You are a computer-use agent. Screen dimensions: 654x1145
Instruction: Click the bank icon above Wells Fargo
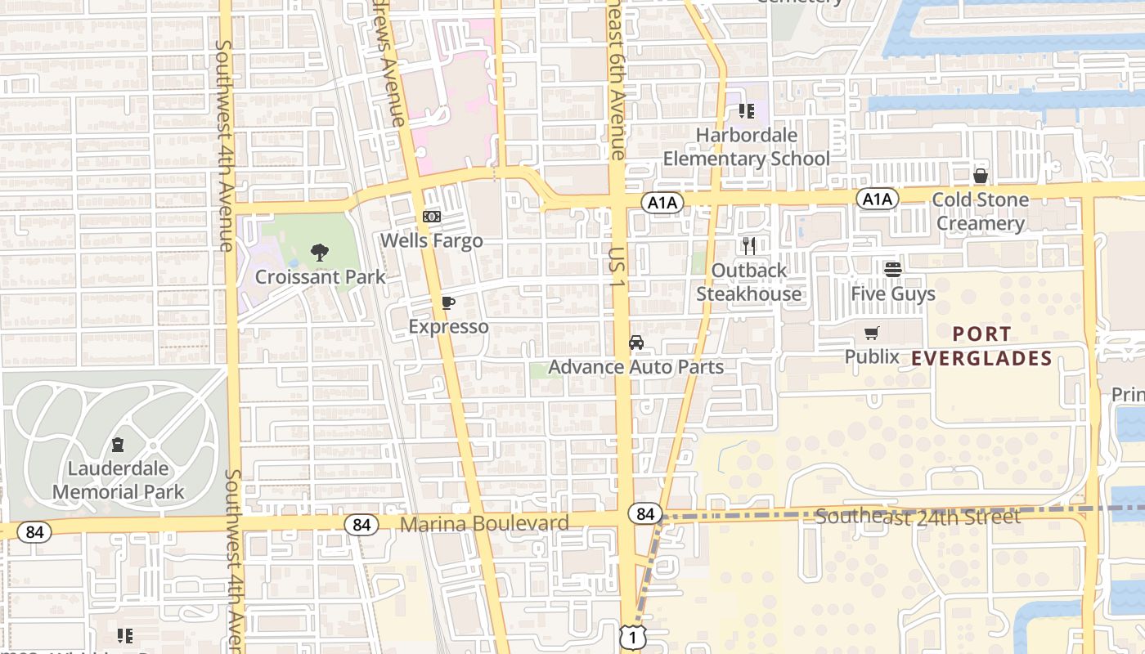[431, 217]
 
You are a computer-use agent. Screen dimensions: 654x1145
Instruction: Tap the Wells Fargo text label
[432, 240]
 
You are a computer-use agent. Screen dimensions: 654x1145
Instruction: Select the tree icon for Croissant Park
[320, 253]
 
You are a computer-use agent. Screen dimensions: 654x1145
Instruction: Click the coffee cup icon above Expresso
[447, 302]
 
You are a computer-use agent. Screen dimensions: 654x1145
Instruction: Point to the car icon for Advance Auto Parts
[636, 343]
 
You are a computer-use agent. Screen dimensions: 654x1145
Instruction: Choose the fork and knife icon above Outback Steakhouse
[748, 245]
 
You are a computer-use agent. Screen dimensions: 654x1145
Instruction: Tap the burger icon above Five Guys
[892, 269]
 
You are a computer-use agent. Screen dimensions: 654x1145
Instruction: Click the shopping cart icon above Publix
[872, 333]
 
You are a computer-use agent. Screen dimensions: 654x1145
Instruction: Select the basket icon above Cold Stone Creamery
[980, 176]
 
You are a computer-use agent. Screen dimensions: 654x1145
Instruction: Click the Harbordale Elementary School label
[746, 146]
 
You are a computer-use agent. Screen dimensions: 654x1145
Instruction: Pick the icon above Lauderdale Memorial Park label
[118, 446]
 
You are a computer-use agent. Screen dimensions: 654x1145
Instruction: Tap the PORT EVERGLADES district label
[981, 346]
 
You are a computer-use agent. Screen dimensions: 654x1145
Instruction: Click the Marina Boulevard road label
[484, 523]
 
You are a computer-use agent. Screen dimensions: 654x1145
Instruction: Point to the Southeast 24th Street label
[918, 517]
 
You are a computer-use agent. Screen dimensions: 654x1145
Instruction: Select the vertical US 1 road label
[617, 267]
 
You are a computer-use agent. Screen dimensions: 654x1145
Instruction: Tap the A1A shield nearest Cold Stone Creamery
[878, 199]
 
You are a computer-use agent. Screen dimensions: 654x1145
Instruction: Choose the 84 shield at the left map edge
[34, 532]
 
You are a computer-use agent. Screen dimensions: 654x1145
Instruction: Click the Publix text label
[872, 356]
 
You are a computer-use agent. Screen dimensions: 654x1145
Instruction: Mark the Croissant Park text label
[320, 276]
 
